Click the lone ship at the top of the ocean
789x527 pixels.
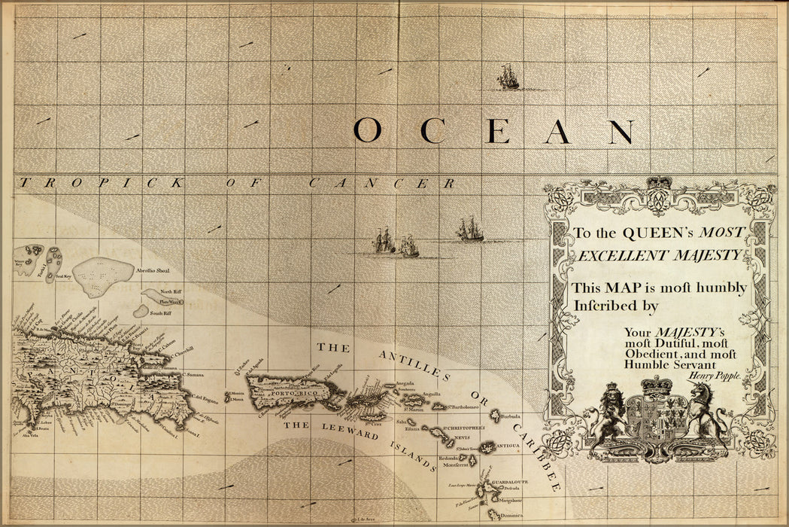pyautogui.click(x=508, y=77)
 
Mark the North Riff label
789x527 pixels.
pyautogui.click(x=171, y=291)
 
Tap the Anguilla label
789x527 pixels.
pyautogui.click(x=431, y=393)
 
